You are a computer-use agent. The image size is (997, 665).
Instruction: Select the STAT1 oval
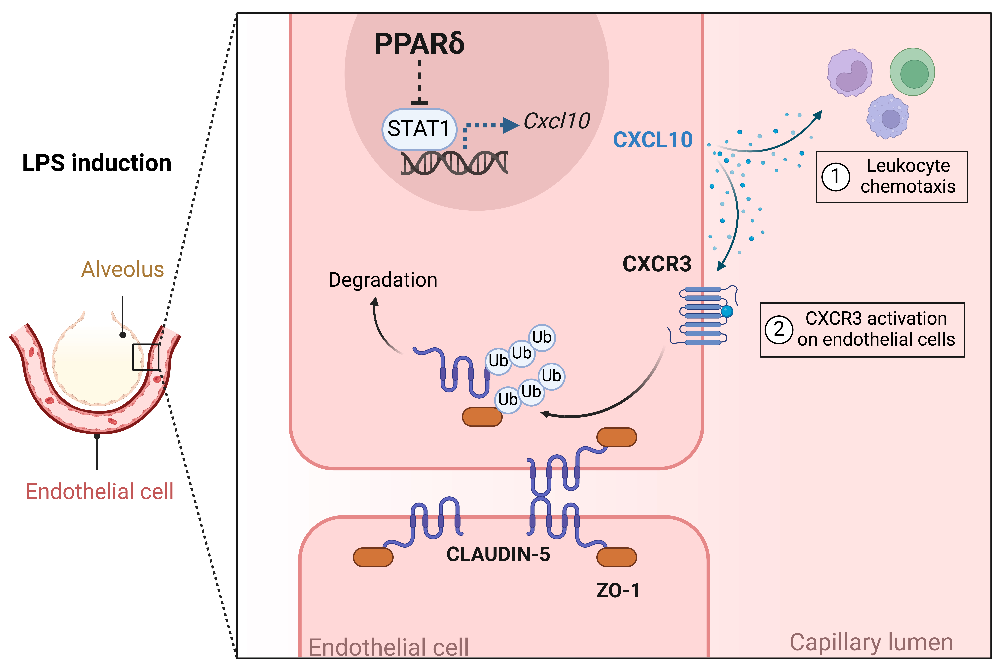tap(419, 129)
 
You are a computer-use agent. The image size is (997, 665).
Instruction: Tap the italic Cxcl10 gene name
tap(557, 121)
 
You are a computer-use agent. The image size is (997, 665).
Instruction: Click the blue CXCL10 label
tap(653, 140)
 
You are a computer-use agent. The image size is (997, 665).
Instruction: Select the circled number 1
tap(835, 176)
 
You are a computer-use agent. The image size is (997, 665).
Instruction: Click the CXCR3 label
tap(657, 264)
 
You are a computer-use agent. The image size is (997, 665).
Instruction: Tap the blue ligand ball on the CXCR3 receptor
tap(727, 312)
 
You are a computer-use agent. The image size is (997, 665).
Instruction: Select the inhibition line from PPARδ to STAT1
tap(420, 83)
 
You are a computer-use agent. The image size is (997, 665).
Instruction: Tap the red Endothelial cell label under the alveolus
tap(100, 492)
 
